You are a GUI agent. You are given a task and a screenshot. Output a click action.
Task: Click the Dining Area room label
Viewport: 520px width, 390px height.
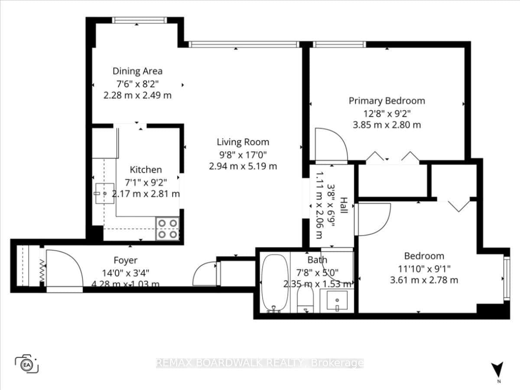tap(137, 71)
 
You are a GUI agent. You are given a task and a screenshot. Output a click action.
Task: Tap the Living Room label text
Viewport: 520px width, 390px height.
tap(243, 142)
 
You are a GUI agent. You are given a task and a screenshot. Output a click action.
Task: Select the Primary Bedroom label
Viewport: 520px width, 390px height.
tap(387, 101)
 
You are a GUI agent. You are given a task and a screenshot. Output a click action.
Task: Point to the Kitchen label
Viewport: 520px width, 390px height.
tap(146, 170)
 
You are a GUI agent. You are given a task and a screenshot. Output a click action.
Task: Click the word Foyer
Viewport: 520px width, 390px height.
tap(126, 260)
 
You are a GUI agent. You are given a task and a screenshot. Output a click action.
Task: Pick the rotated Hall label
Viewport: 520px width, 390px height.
tap(344, 205)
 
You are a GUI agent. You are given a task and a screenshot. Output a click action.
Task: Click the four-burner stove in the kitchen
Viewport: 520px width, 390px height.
tap(168, 229)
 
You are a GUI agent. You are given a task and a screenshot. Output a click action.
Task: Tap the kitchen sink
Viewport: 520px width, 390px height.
tap(105, 193)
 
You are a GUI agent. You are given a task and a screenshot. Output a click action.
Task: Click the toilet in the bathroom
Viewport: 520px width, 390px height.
tap(305, 299)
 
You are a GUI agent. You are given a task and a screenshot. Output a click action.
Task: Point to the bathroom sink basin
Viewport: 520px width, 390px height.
tap(337, 300)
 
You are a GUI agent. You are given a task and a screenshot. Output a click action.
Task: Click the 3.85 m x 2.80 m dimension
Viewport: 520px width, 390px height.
tap(387, 125)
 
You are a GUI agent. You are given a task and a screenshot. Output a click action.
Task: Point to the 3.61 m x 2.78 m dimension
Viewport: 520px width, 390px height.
tap(424, 280)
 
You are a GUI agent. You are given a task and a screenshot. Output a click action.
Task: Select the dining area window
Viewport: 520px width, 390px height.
tap(140, 20)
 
